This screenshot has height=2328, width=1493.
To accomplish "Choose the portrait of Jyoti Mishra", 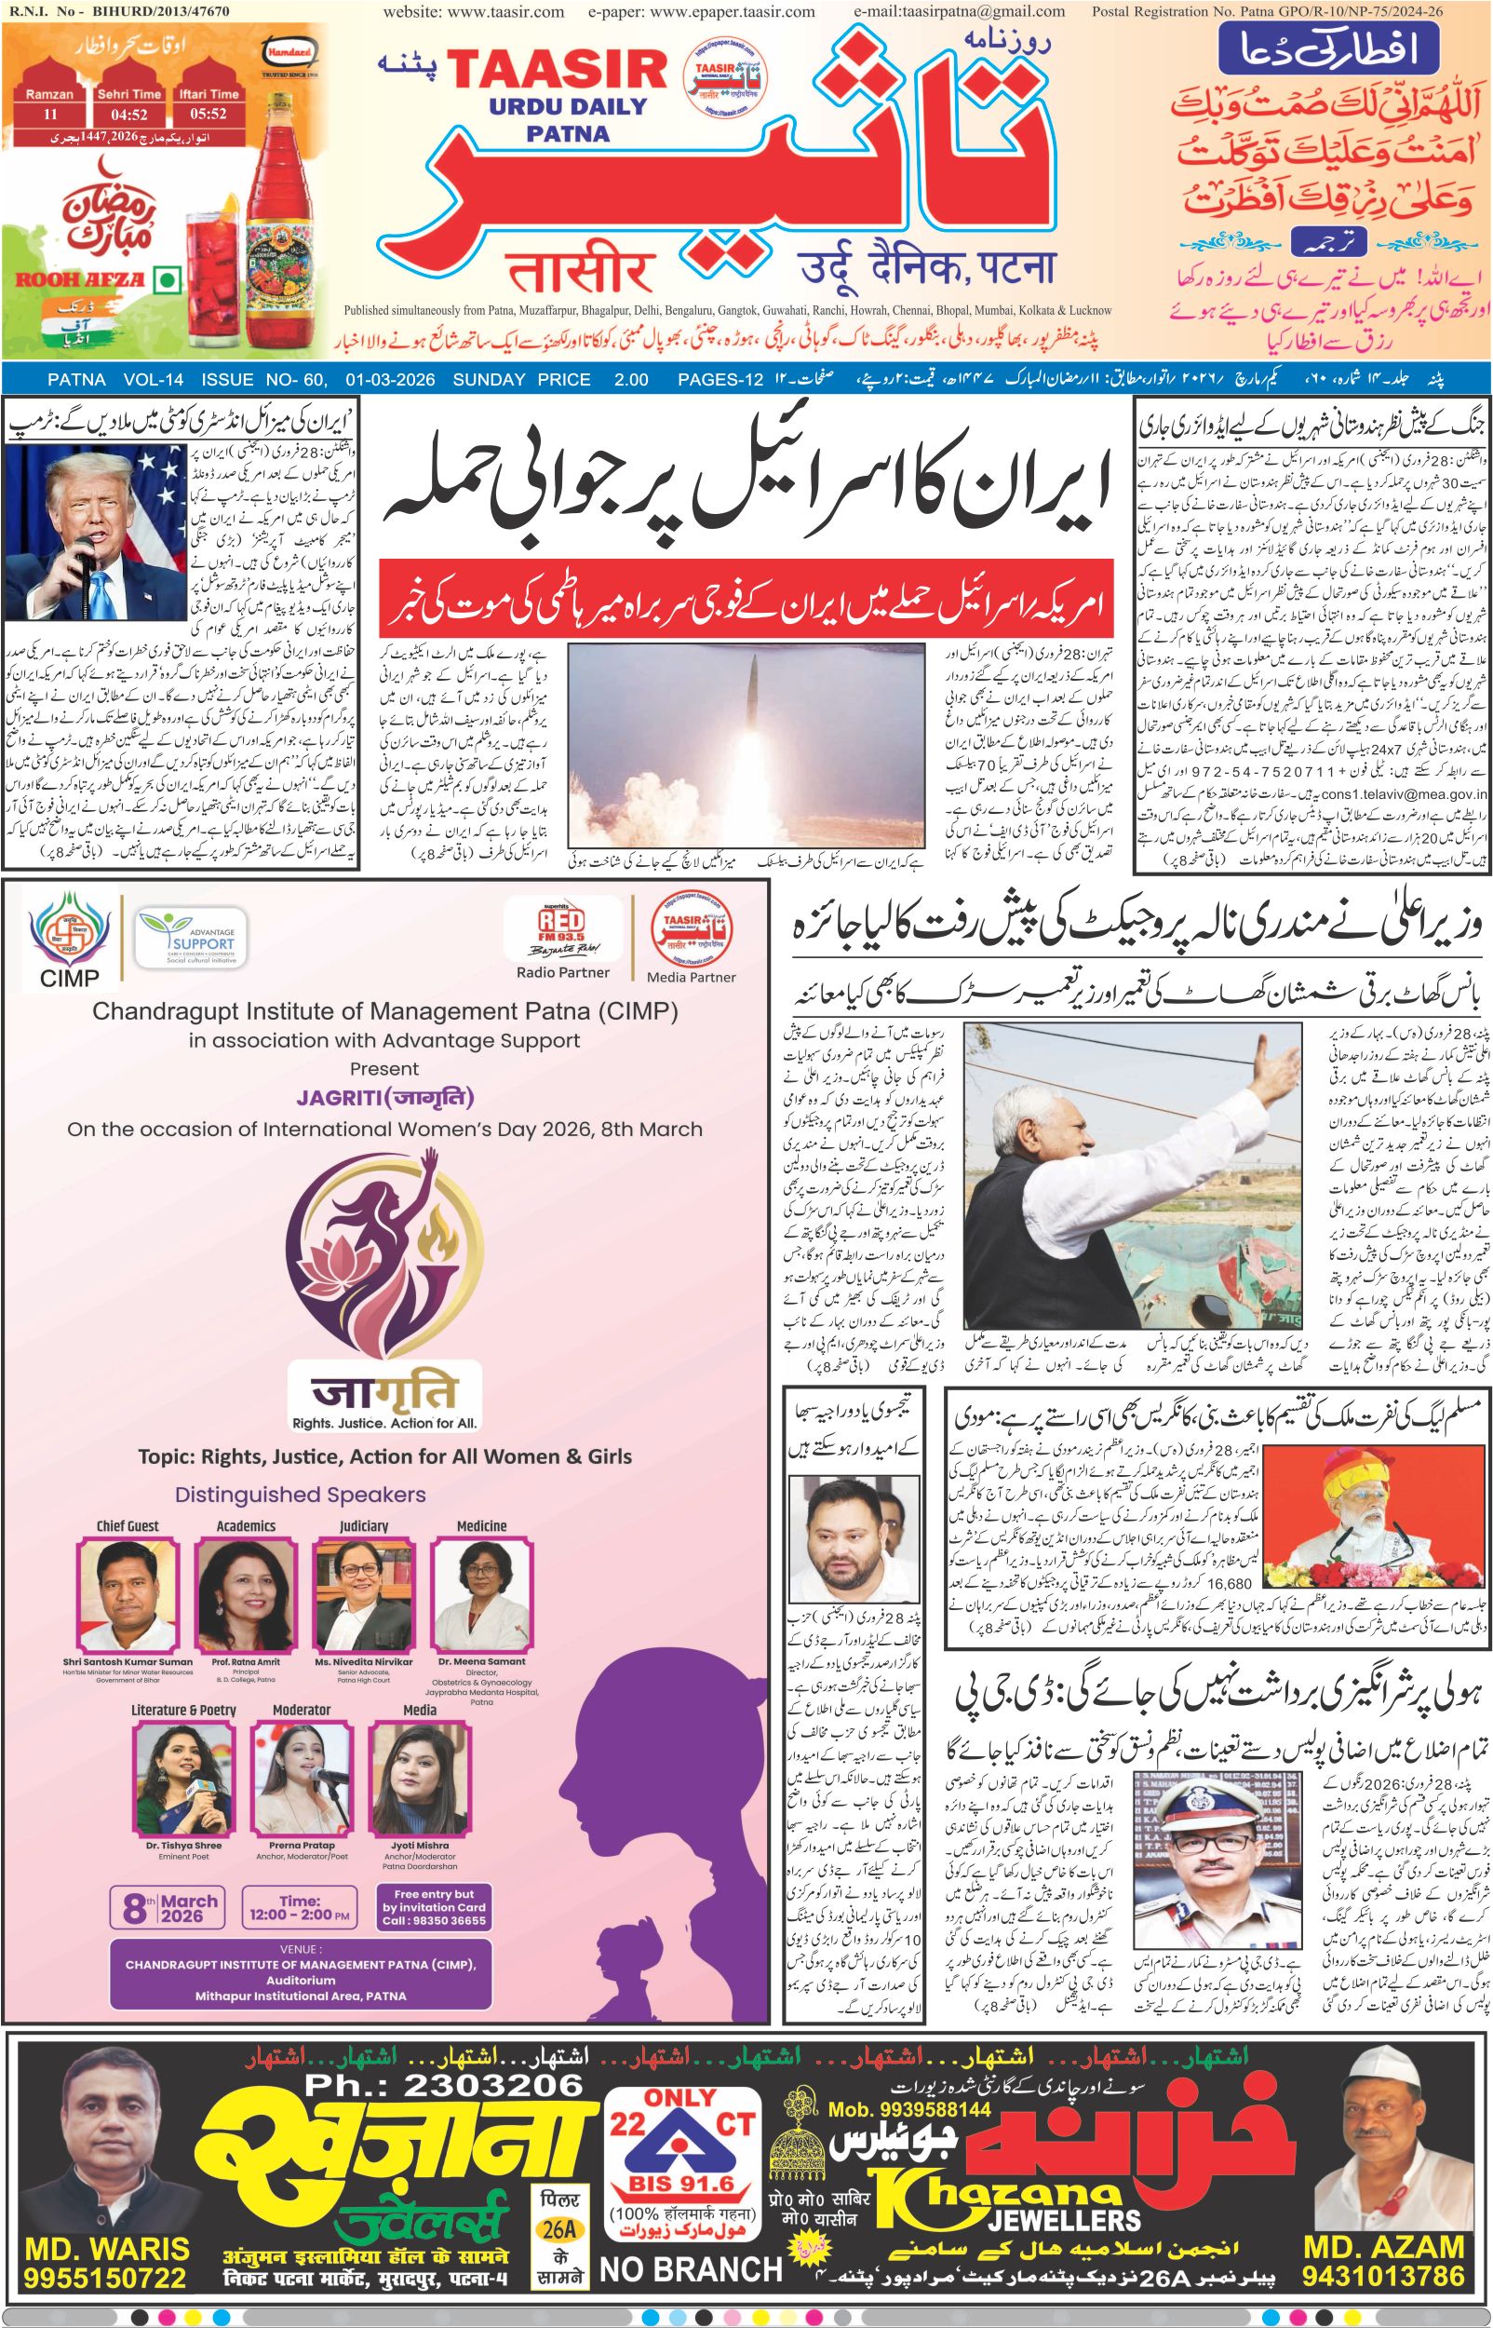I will click(420, 1770).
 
